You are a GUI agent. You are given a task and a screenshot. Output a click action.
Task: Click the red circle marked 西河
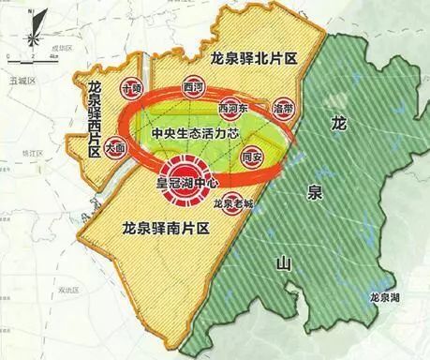195,84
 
